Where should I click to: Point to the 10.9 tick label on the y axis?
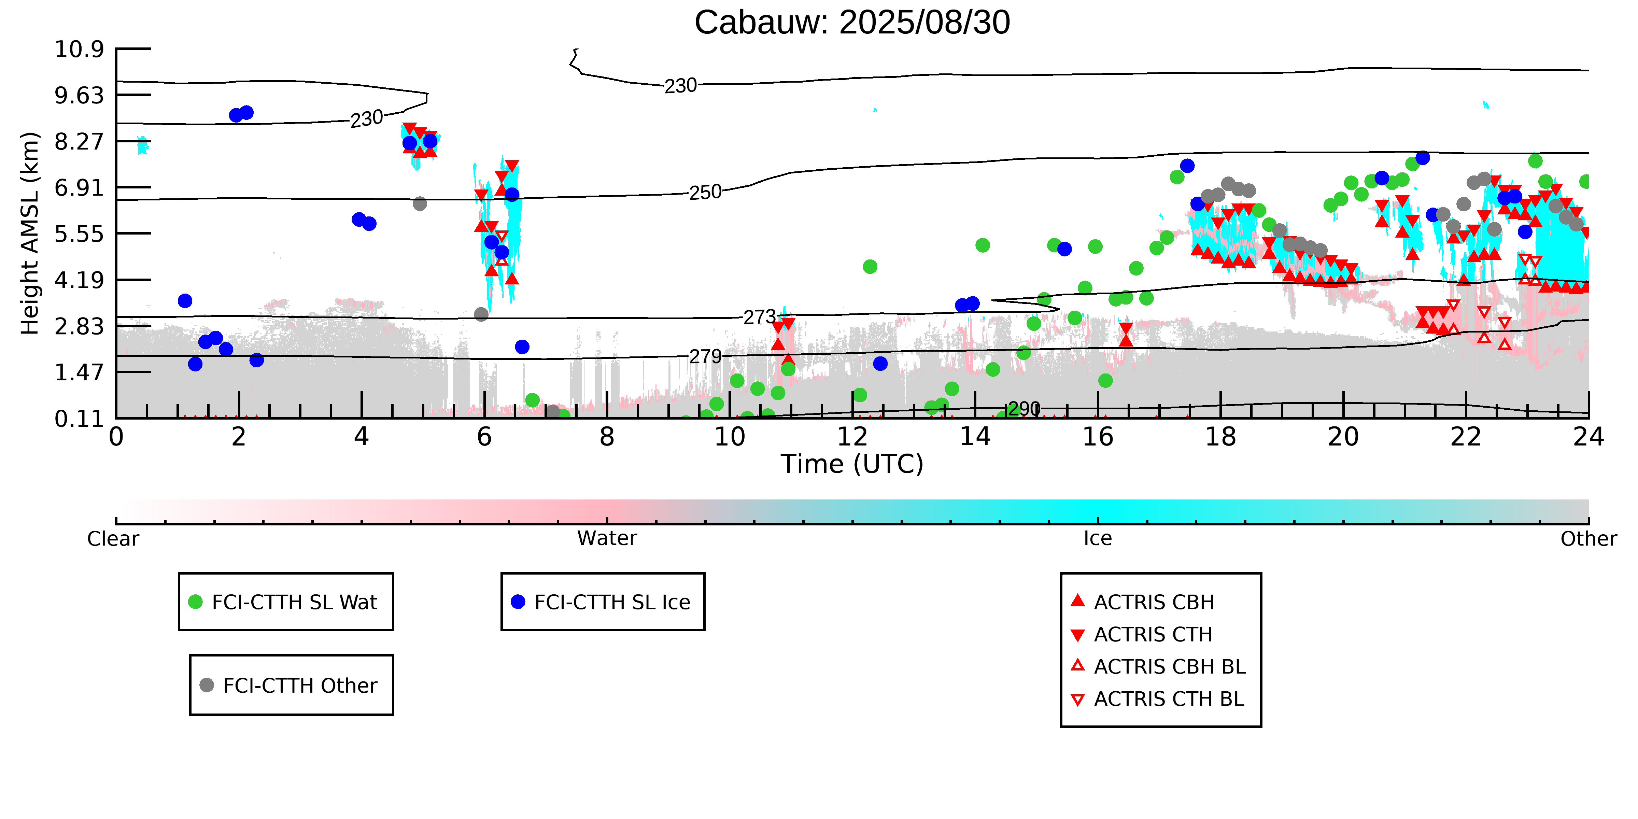pos(79,49)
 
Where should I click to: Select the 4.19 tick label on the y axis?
pos(79,280)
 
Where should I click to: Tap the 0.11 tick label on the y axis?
pos(79,419)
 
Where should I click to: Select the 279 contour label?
pos(705,357)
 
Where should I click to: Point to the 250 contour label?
pos(705,192)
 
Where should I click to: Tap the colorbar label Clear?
pos(113,539)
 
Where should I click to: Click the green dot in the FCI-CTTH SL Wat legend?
pos(196,602)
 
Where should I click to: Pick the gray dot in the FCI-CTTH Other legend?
pos(207,685)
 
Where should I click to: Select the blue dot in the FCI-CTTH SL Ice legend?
pos(518,602)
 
